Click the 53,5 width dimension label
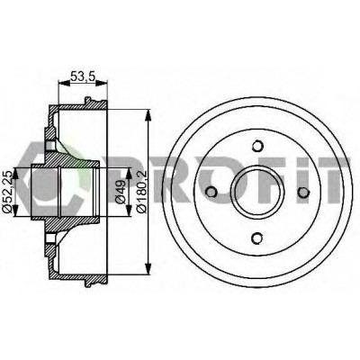pos(83,76)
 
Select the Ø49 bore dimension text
pos(121,192)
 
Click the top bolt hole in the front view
pos(256,146)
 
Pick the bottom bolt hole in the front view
pos(256,238)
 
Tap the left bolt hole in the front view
pos(211,192)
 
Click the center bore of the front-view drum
pos(256,192)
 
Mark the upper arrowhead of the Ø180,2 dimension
pos(148,115)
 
